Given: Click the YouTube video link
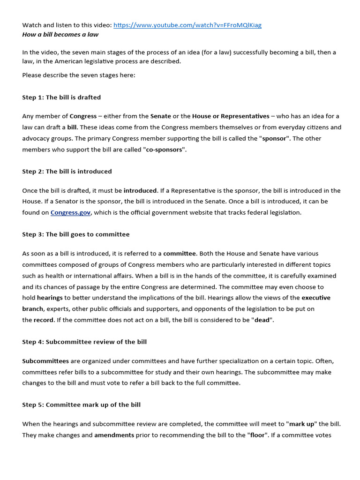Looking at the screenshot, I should (187, 25).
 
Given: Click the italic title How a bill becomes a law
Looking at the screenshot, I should (60, 34).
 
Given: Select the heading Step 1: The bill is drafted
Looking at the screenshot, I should (61, 97).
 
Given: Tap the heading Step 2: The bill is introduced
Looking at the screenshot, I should (67, 172).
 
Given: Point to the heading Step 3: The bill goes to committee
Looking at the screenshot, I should (76, 234).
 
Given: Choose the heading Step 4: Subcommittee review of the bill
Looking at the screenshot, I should (84, 342).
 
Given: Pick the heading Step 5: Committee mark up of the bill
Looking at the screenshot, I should (82, 405).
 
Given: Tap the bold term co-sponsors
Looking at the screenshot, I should (161, 150).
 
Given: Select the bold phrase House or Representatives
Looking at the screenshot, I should (231, 116).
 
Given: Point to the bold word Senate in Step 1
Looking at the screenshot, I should (160, 116).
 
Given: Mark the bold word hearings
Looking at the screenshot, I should (50, 298).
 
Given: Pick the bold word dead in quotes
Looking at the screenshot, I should (262, 320).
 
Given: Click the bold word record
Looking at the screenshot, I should (43, 320).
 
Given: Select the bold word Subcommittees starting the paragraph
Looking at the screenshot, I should (45, 361).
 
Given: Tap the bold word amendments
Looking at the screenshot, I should (114, 435).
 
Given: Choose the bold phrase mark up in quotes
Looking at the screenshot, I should (301, 424).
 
